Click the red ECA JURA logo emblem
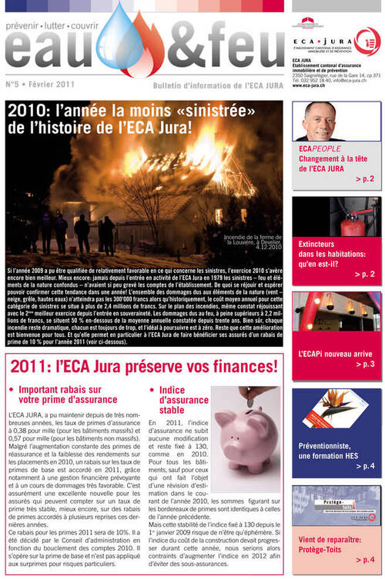[367, 39]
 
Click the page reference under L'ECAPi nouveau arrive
[364, 364]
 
